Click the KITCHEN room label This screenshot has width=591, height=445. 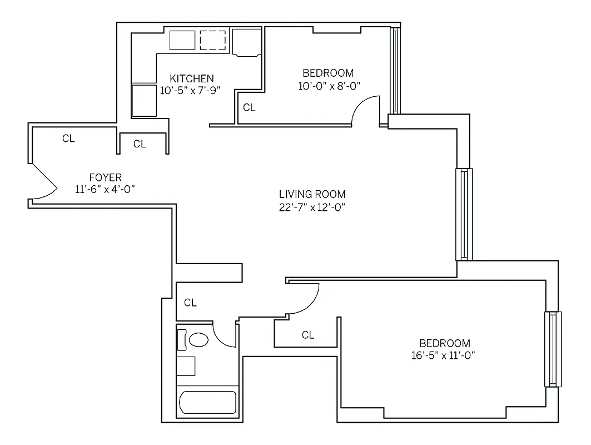pyautogui.click(x=191, y=78)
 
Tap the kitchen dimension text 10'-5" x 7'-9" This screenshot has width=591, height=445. pyautogui.click(x=187, y=91)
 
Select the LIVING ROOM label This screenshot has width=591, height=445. pyautogui.click(x=312, y=194)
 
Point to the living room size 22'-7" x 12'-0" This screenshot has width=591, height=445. pyautogui.click(x=312, y=207)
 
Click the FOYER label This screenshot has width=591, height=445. pyautogui.click(x=105, y=177)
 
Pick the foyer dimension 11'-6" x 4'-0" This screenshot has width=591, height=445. pyautogui.click(x=105, y=190)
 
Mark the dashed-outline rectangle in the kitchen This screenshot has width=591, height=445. pyautogui.click(x=213, y=41)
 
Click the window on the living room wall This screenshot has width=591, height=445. pyautogui.click(x=464, y=214)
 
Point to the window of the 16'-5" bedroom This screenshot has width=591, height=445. pyautogui.click(x=553, y=349)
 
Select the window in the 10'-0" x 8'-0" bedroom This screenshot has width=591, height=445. pyautogui.click(x=394, y=71)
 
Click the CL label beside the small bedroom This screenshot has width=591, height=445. pyautogui.click(x=250, y=108)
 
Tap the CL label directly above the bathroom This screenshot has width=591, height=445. pyautogui.click(x=190, y=303)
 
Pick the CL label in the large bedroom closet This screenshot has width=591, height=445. pyautogui.click(x=307, y=335)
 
